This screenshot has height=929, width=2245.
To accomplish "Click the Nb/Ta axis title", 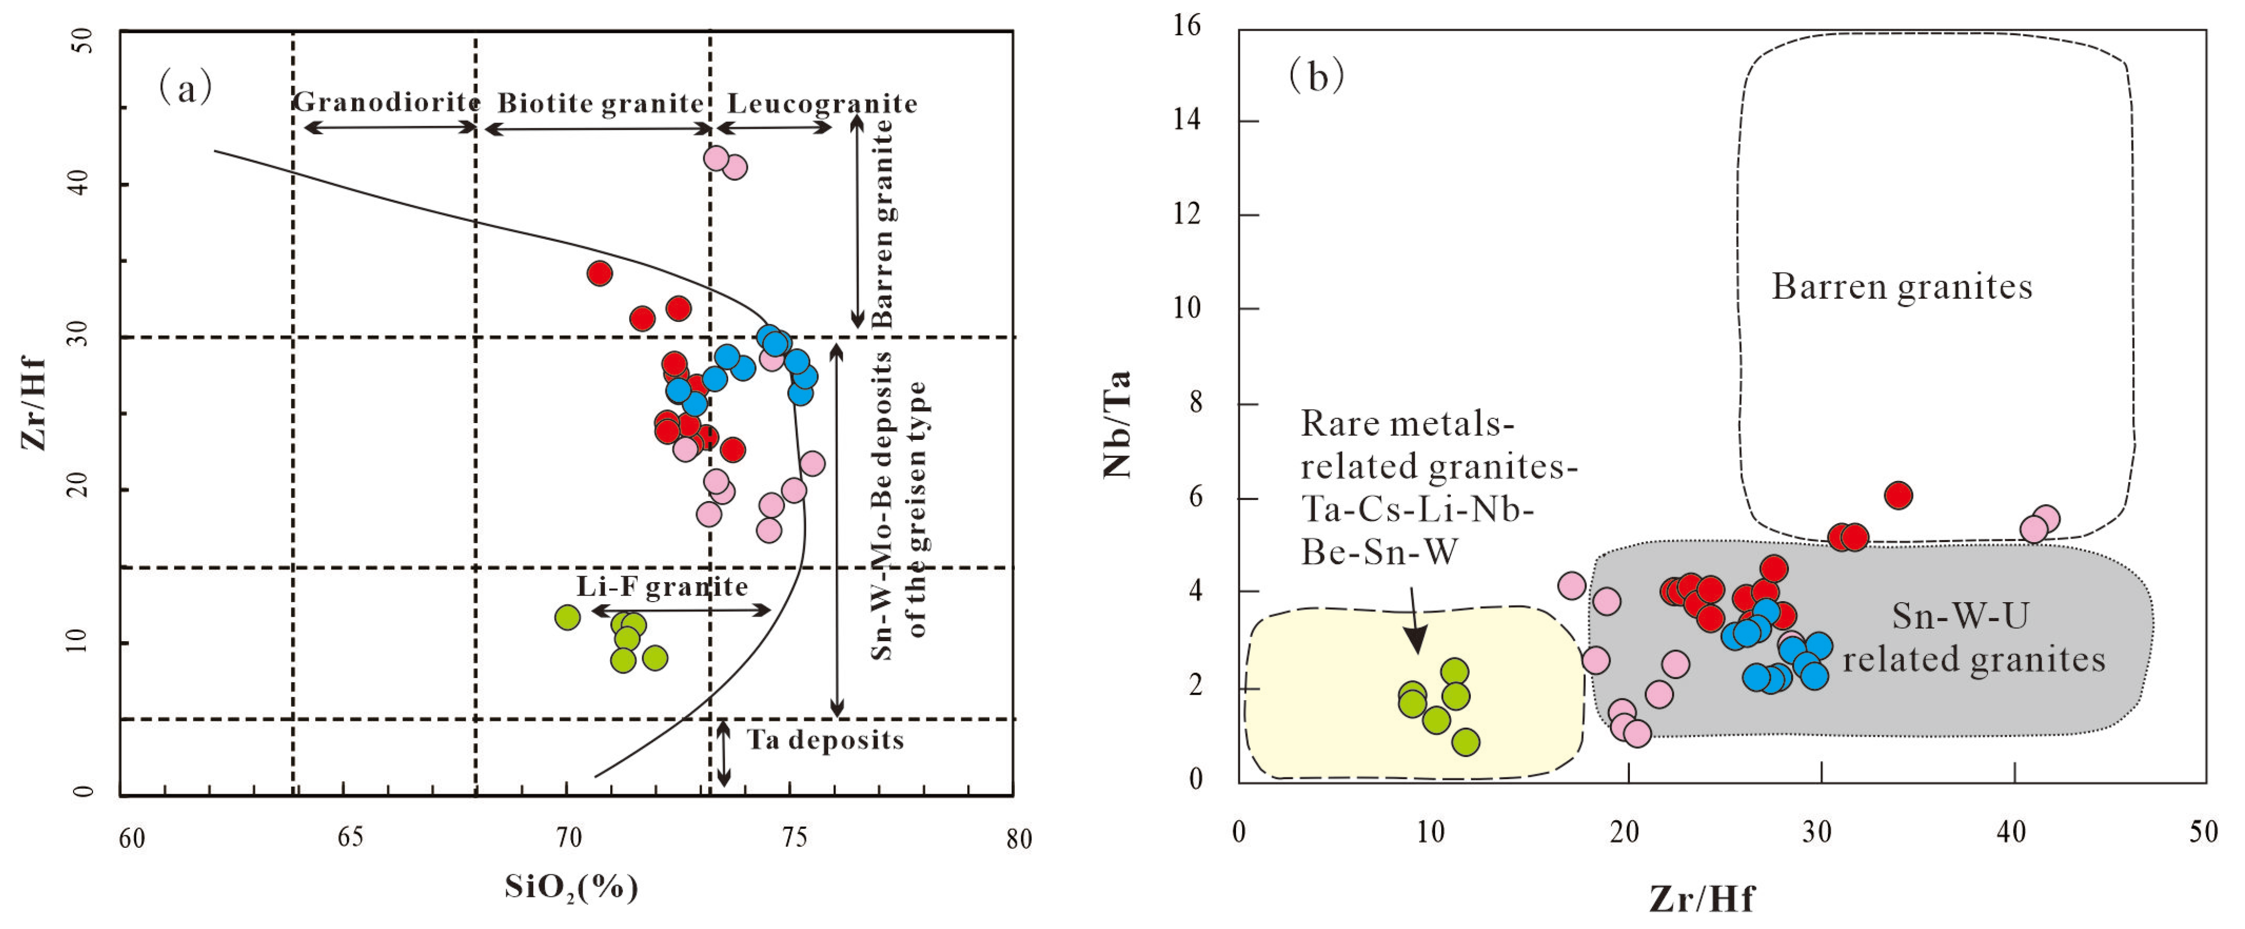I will pos(1117,424).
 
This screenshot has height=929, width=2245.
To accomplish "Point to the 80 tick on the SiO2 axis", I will pos(1018,838).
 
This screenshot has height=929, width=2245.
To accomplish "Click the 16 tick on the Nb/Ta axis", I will pos(1187,26).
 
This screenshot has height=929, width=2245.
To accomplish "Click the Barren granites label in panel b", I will pos(1901,287).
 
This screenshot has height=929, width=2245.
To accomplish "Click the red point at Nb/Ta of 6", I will pos(1898,496).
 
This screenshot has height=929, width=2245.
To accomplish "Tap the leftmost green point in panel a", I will pos(567,617).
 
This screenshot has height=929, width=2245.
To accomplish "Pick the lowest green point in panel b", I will pos(1466,742).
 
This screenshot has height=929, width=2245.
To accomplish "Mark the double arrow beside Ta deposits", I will pos(723,754).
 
